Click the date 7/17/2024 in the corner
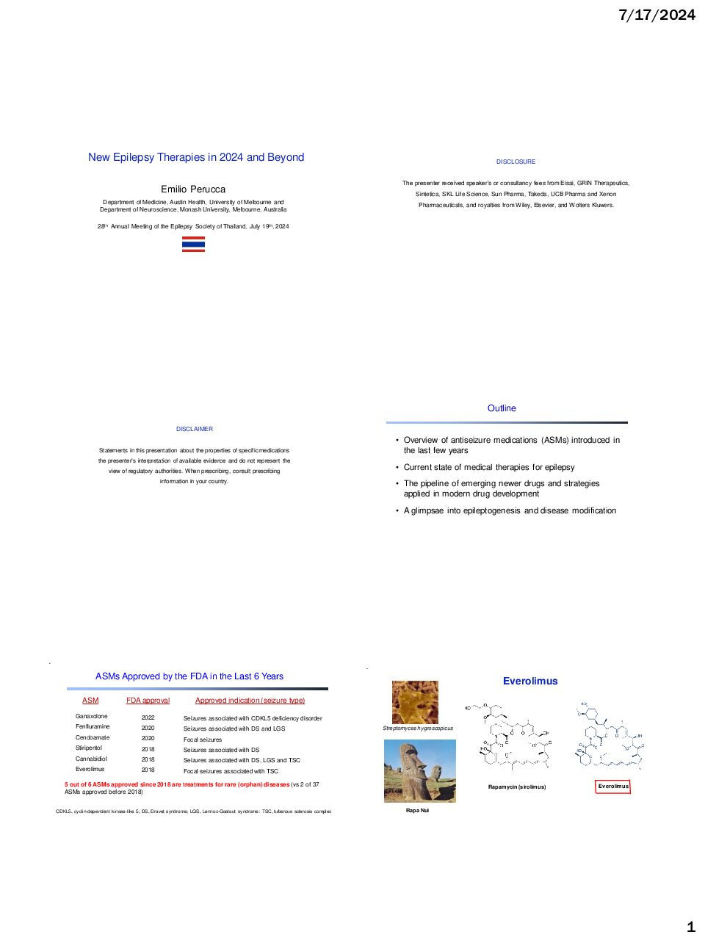(657, 15)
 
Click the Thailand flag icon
(193, 244)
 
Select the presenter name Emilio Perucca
(193, 189)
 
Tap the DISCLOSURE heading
(516, 162)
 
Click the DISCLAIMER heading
(195, 429)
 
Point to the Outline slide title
(502, 408)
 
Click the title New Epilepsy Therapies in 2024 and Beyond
(196, 157)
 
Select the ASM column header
(90, 701)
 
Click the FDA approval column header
(148, 701)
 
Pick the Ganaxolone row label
(91, 716)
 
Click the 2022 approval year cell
(148, 717)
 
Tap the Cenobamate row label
(93, 737)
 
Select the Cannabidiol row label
(91, 759)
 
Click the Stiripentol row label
(89, 748)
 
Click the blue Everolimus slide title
(530, 681)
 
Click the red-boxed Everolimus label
(613, 786)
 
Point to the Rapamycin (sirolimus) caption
(517, 787)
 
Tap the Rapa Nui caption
(417, 810)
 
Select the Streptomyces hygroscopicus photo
(415, 702)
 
